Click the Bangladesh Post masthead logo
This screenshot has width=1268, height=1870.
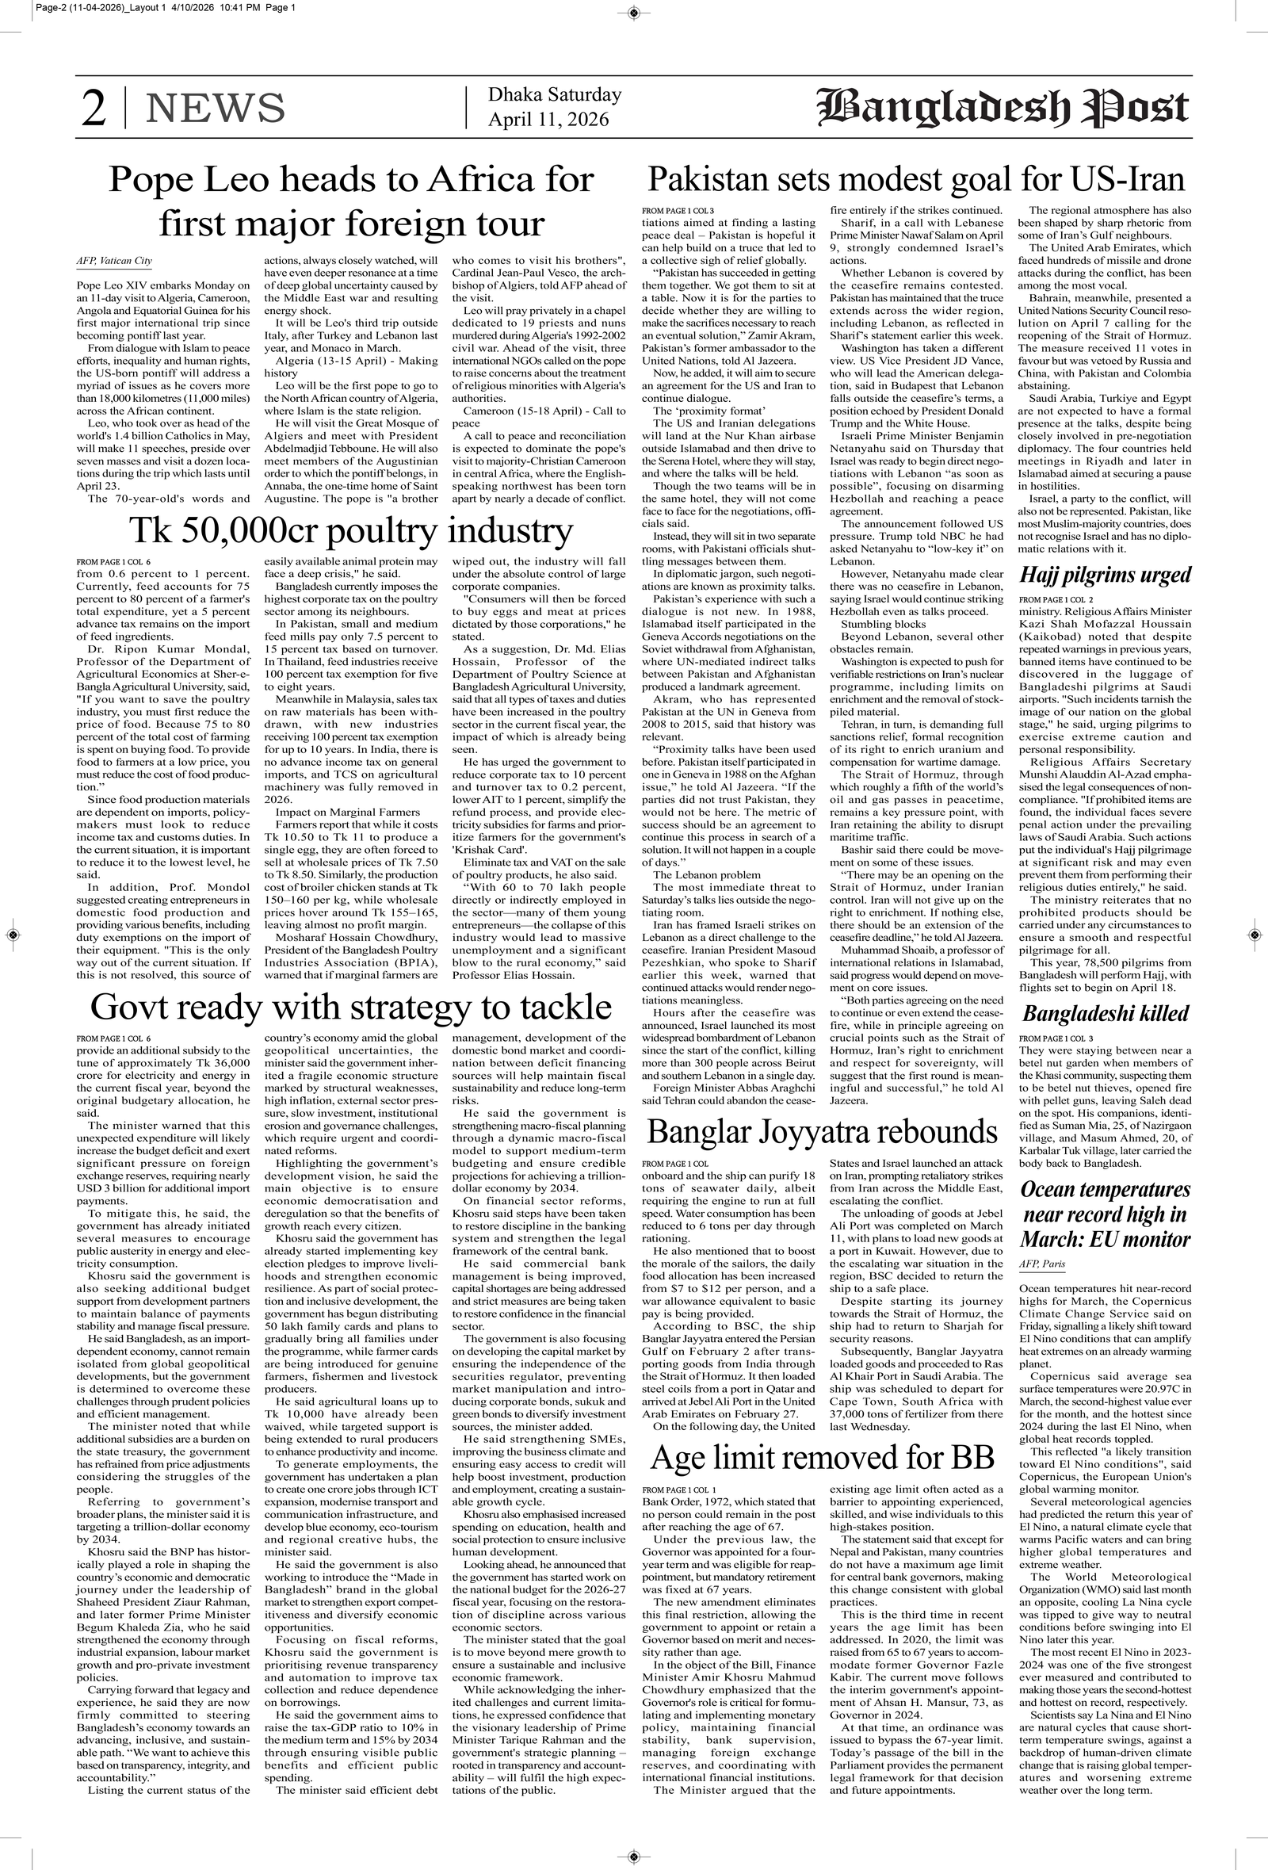[1003, 108]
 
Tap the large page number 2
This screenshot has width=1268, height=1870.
[94, 109]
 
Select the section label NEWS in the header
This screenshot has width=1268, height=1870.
[215, 109]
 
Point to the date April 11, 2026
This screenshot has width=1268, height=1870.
[548, 120]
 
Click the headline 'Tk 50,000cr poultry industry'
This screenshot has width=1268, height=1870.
[351, 531]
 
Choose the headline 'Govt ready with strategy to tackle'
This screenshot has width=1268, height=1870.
[351, 1007]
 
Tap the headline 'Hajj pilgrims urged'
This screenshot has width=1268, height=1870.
[1105, 576]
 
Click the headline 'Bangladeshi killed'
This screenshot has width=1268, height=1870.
[1106, 1013]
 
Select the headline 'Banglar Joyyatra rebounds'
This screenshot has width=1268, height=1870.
[823, 1131]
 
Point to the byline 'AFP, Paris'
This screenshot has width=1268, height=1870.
[1042, 1264]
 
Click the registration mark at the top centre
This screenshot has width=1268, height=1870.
[633, 12]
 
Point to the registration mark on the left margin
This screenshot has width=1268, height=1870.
[13, 935]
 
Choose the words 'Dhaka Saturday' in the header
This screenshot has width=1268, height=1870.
[554, 95]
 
